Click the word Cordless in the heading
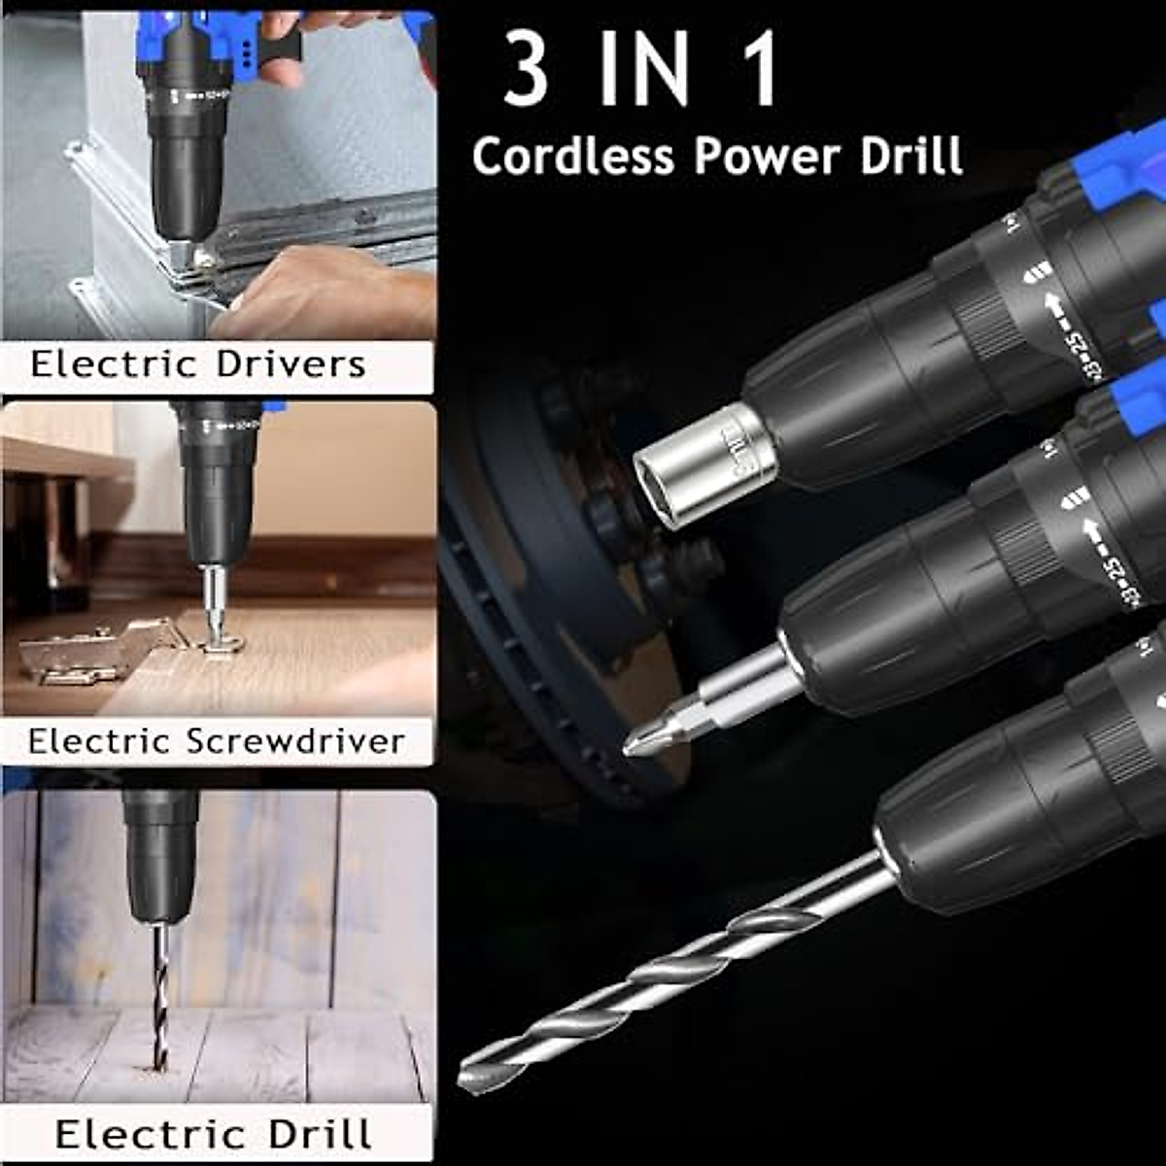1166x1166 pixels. (572, 155)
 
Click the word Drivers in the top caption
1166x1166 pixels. (291, 364)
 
